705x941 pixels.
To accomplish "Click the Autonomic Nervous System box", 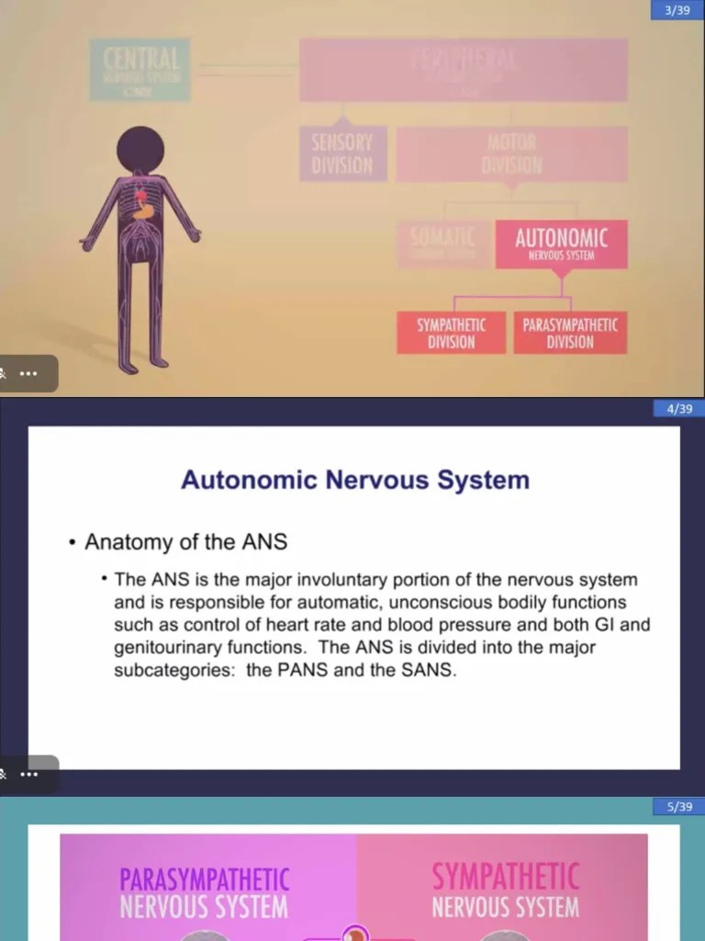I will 561,244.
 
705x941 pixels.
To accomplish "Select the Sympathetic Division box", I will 451,333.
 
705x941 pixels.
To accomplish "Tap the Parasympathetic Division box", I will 570,333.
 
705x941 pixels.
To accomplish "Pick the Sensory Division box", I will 341,153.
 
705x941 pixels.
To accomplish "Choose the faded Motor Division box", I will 511,153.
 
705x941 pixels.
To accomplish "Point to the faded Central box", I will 140,69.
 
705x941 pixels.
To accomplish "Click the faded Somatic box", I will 442,244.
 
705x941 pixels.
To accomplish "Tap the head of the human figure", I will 140,148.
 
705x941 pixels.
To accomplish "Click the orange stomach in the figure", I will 141,209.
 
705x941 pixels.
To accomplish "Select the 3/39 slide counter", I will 676,10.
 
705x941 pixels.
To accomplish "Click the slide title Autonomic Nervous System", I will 354,480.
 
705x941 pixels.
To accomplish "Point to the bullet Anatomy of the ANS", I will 185,542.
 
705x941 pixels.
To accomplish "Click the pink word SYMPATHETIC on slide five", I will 506,878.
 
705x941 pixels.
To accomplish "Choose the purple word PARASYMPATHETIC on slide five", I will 204,879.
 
